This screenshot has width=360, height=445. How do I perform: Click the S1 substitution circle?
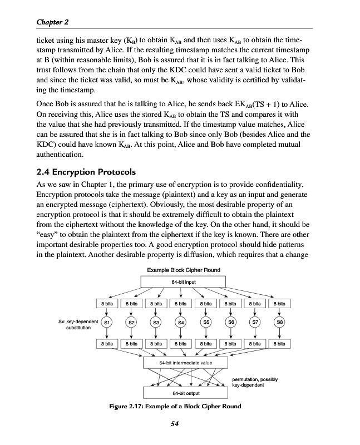tap(107, 322)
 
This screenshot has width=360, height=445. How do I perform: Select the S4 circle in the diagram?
tap(180, 322)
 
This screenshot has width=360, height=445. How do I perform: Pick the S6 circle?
tap(230, 322)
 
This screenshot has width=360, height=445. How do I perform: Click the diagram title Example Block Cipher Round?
tap(183, 270)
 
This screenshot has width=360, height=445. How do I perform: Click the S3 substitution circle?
tap(156, 322)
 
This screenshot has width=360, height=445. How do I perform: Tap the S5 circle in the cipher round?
tap(205, 322)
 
